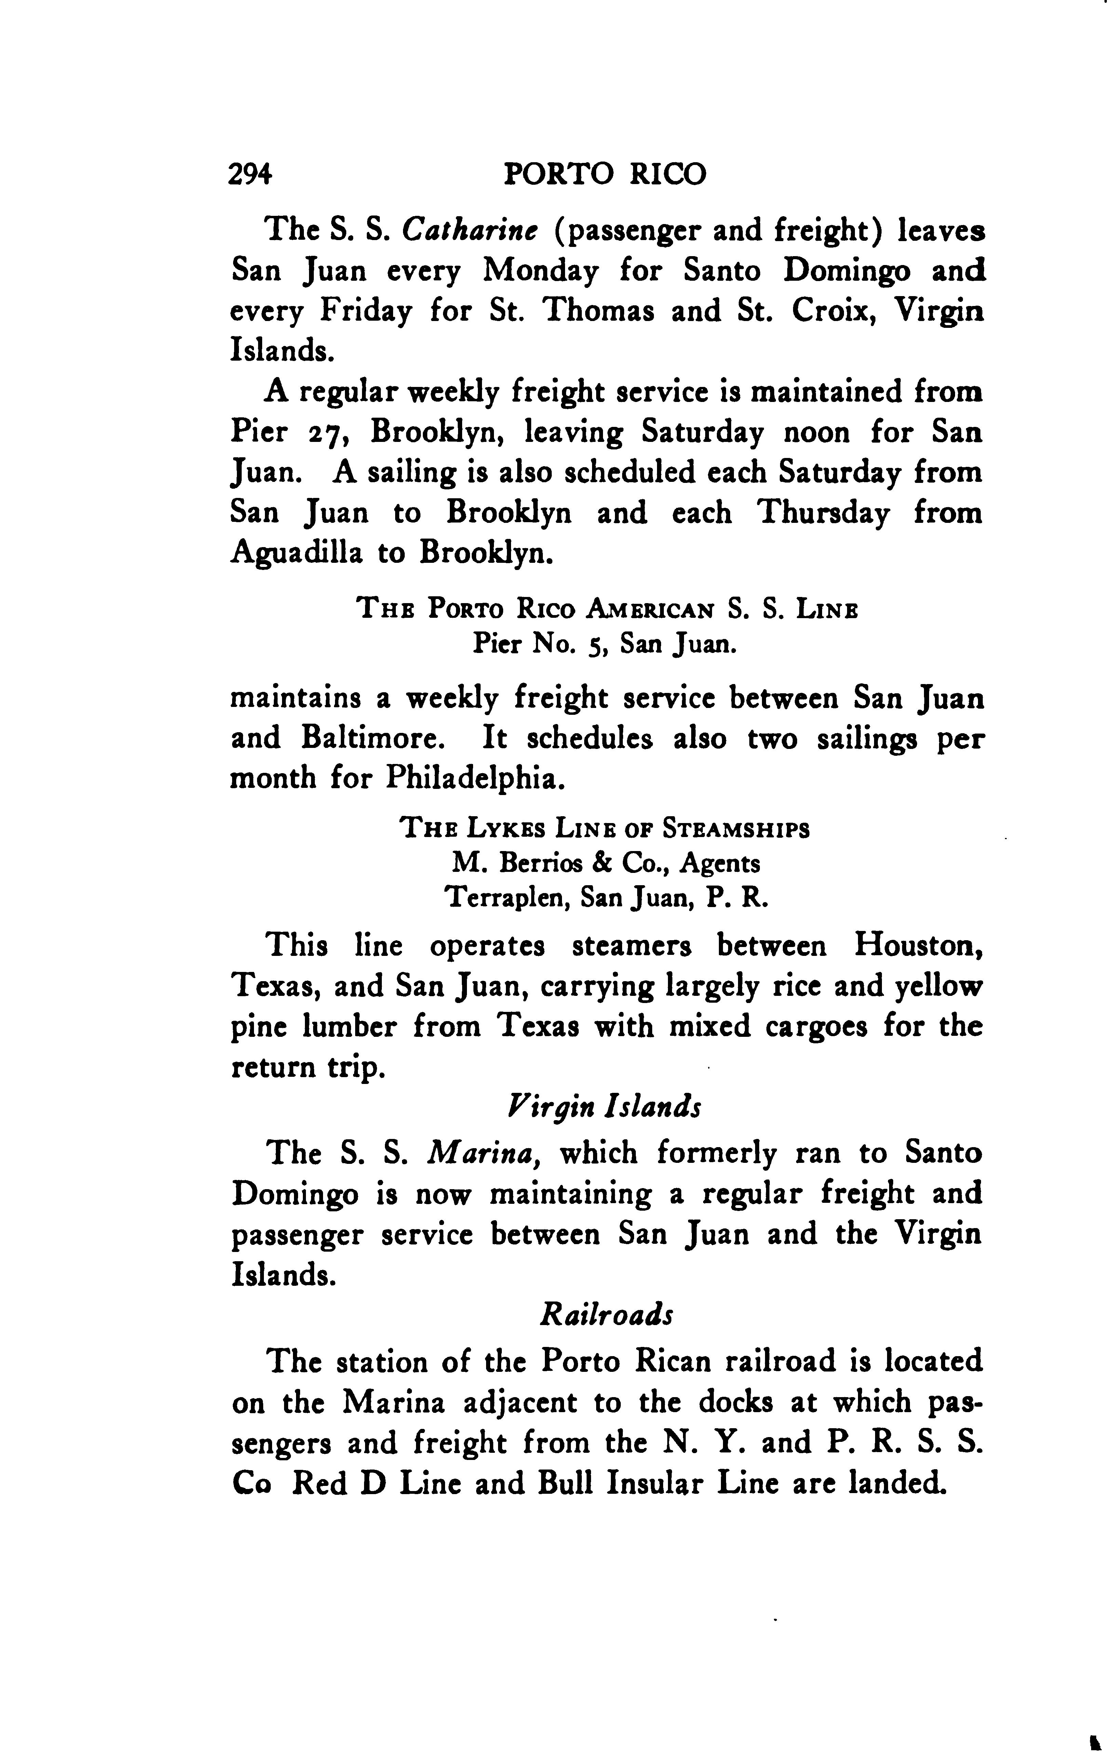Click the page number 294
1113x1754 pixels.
pyautogui.click(x=250, y=175)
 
